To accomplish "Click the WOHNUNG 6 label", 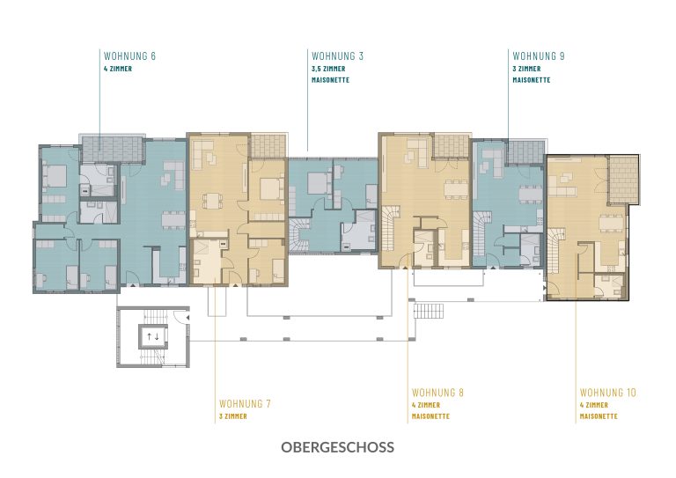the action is click(x=129, y=56).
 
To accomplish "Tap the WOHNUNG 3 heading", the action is click(x=337, y=56).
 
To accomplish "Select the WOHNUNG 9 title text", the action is click(x=539, y=56).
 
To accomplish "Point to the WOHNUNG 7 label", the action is click(x=245, y=404).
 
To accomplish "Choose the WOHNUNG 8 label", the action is click(x=437, y=393).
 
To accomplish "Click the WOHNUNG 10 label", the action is click(x=608, y=393).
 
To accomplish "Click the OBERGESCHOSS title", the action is click(x=338, y=447).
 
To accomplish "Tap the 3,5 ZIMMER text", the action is click(x=328, y=69).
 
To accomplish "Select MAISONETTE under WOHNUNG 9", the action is click(x=532, y=80).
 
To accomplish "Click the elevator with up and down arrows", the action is click(x=153, y=336).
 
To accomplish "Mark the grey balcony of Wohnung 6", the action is click(x=112, y=149).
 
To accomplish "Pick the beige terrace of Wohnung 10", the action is click(x=623, y=180).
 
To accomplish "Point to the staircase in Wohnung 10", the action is click(x=556, y=250).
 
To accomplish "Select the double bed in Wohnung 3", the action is click(x=320, y=183).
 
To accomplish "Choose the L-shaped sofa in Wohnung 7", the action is click(x=204, y=155).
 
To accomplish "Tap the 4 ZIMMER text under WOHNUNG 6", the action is click(x=118, y=69).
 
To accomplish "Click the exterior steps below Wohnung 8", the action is click(x=429, y=311).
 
